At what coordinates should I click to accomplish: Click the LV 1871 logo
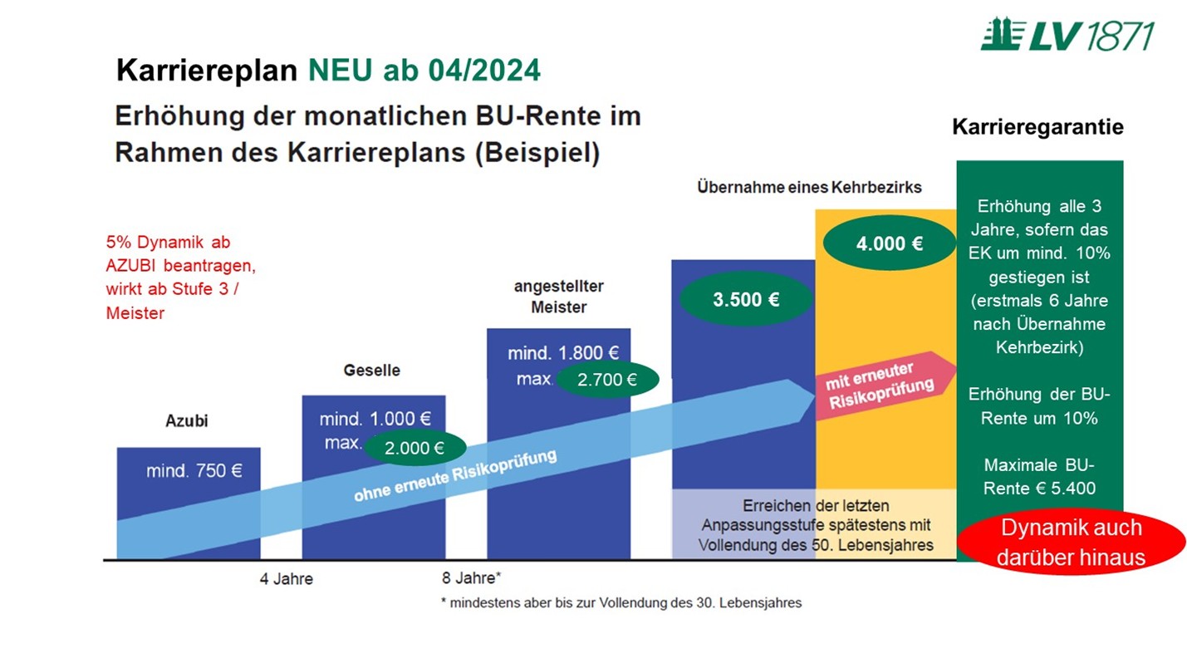coord(1067,36)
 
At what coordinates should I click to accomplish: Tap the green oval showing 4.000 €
coord(890,243)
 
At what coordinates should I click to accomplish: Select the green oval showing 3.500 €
coord(746,299)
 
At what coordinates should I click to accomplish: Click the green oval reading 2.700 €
coord(607,381)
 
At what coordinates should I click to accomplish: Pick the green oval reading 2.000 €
coord(415,448)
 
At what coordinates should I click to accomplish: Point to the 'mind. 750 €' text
coord(194,470)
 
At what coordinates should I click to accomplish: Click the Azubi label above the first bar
coord(187,420)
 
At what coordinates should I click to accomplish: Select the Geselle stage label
coord(371,370)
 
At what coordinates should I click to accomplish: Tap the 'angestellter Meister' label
coord(558,297)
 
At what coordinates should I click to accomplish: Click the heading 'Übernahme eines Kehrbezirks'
coord(809,188)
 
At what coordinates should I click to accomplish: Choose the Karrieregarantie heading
coord(1037,127)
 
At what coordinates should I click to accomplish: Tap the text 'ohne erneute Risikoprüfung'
coord(454,476)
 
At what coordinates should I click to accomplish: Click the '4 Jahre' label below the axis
coord(287,578)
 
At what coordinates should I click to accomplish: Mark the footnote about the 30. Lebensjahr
coord(620,603)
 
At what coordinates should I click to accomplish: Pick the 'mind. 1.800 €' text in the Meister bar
coord(563,353)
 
